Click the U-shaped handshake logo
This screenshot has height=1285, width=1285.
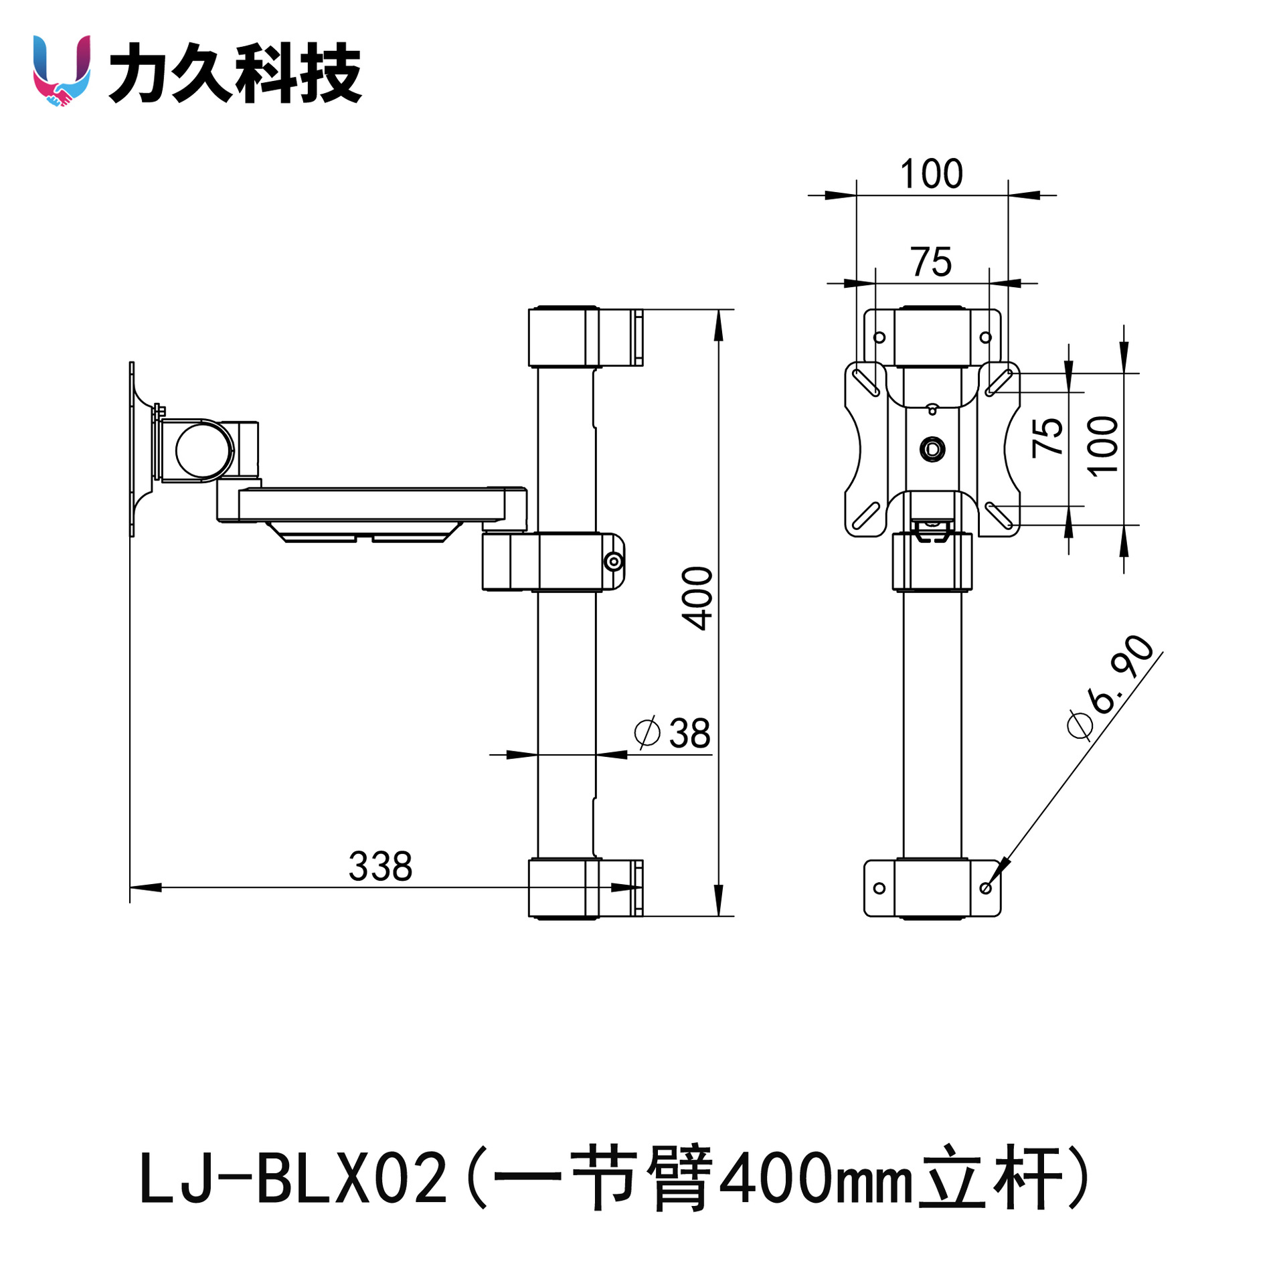pyautogui.click(x=62, y=70)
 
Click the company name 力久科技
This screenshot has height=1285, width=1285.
pyautogui.click(x=235, y=72)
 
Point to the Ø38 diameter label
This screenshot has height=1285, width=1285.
pyautogui.click(x=672, y=733)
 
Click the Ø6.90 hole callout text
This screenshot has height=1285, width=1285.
pyautogui.click(x=1110, y=687)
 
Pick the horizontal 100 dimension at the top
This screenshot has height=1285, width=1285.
pyautogui.click(x=931, y=174)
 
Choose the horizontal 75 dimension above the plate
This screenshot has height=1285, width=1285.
pyautogui.click(x=931, y=262)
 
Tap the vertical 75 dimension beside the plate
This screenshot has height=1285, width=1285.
pyautogui.click(x=1047, y=438)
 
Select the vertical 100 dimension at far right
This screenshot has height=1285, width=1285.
pyautogui.click(x=1102, y=445)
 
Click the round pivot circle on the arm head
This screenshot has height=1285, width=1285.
pyautogui.click(x=205, y=450)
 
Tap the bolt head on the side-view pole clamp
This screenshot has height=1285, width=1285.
pyautogui.click(x=613, y=561)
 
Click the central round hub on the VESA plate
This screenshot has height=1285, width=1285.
pyautogui.click(x=932, y=448)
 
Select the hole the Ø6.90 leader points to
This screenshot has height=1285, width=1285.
pyautogui.click(x=985, y=888)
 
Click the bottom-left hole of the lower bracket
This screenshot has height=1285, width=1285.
pyautogui.click(x=879, y=888)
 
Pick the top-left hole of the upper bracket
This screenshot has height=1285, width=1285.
pyautogui.click(x=879, y=337)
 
